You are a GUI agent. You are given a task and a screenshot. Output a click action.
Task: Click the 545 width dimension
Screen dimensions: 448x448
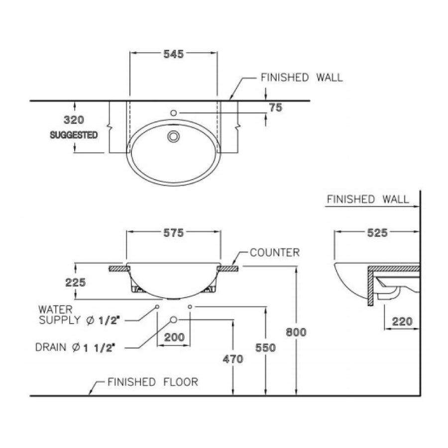[174, 54]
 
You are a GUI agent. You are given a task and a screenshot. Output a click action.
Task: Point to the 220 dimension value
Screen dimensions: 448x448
[402, 322]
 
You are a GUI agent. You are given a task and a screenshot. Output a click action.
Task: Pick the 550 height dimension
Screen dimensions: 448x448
[266, 348]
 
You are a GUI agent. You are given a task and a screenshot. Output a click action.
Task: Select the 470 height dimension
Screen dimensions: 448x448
[233, 358]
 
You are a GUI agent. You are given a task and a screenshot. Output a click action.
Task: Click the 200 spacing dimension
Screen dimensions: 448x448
[174, 337]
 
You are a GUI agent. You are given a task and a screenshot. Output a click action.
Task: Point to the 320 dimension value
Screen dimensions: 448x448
[74, 120]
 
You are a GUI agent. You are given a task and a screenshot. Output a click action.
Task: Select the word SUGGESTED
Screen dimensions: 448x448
[74, 135]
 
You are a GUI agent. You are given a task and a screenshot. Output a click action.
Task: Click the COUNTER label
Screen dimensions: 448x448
[275, 252]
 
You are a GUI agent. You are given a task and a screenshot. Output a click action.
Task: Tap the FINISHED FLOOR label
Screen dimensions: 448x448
[153, 382]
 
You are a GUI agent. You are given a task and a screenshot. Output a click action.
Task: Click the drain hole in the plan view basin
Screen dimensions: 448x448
[174, 136]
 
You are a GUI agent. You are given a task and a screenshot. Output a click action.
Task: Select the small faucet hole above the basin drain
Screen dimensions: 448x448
[174, 113]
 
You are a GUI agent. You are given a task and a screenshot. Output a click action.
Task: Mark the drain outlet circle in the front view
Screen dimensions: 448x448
[174, 319]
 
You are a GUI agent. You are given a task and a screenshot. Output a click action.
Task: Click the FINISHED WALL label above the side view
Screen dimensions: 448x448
[368, 200]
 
